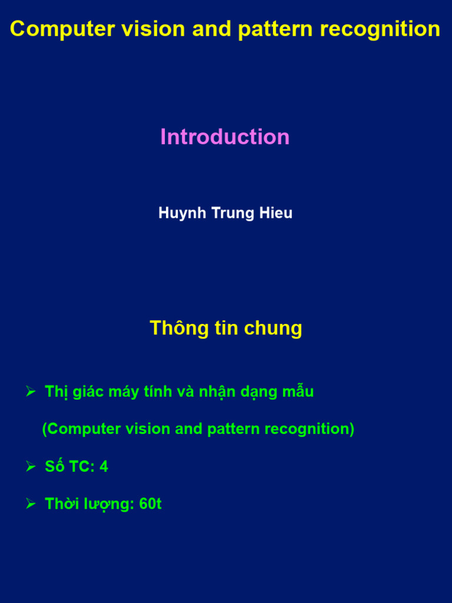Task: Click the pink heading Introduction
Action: tap(225, 137)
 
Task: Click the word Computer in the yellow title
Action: tap(62, 29)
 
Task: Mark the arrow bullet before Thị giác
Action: tap(31, 392)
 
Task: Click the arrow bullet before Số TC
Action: tap(31, 467)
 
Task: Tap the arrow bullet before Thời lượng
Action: tap(31, 505)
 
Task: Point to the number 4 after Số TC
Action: tap(104, 467)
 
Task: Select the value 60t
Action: tap(151, 505)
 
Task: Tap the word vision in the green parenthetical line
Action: tap(148, 429)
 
